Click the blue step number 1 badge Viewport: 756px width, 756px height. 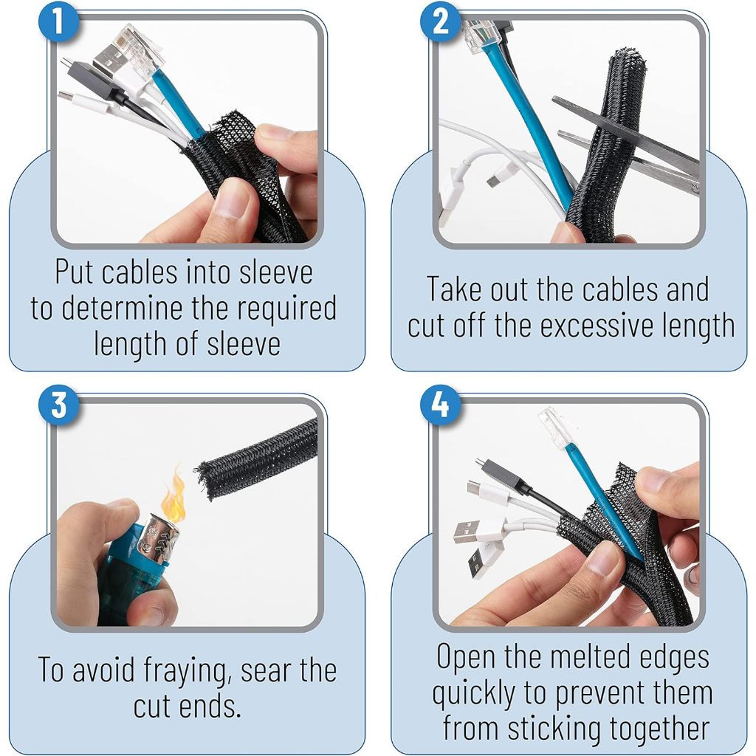[x=58, y=21]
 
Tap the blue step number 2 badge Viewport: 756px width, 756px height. [x=440, y=21]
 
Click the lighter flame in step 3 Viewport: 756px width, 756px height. [x=173, y=497]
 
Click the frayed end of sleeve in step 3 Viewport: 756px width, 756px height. [x=205, y=480]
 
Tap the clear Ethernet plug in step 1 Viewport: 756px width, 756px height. [x=140, y=48]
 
